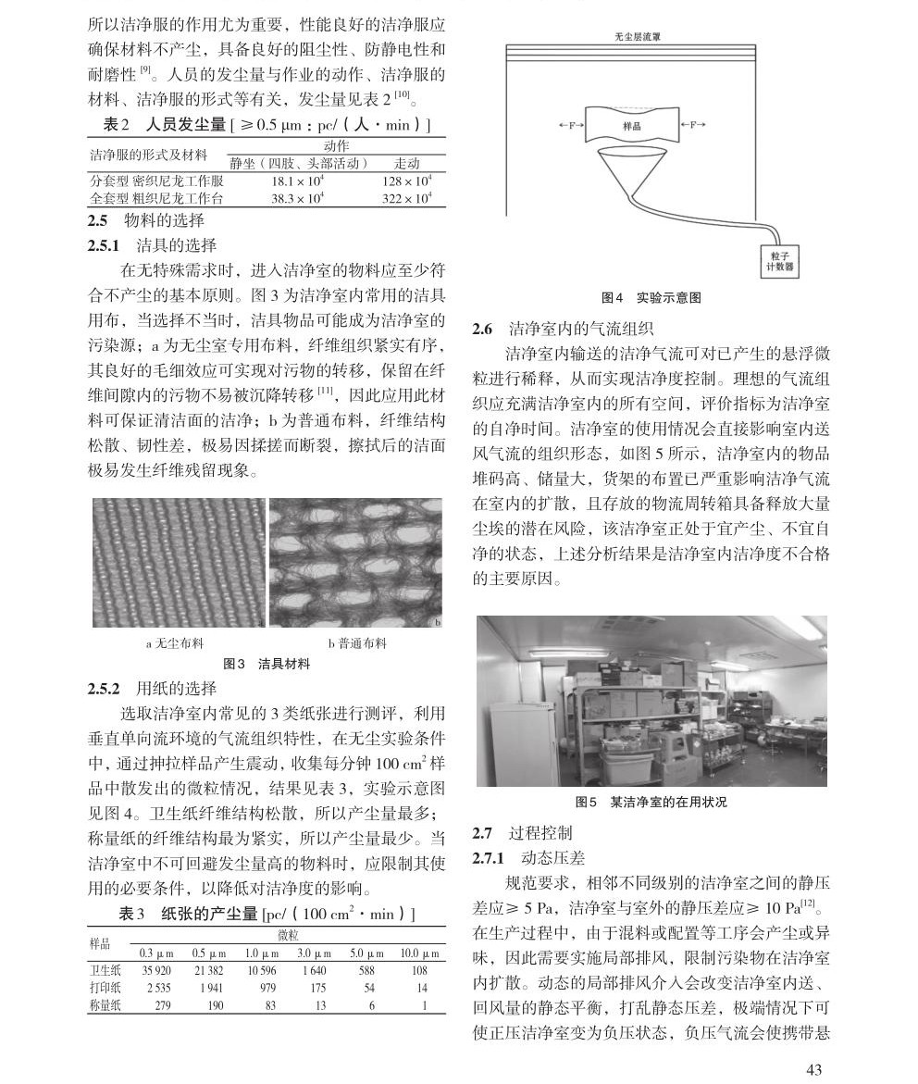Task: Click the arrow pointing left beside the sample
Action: (572, 125)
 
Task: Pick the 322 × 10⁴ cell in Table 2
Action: (407, 198)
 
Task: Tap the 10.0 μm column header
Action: (419, 954)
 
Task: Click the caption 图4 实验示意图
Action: (651, 298)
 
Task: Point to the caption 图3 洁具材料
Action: (267, 664)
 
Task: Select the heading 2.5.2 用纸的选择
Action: (152, 689)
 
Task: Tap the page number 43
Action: (814, 1069)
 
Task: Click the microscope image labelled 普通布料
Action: (355, 564)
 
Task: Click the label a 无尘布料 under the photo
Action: (175, 643)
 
